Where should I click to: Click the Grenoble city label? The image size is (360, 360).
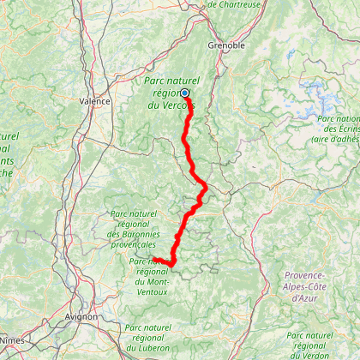[226, 45]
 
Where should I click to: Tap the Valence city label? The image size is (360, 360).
[95, 100]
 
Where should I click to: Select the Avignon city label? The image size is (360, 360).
[81, 316]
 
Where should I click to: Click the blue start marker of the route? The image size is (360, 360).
[184, 93]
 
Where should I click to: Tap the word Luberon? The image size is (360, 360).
[154, 347]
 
